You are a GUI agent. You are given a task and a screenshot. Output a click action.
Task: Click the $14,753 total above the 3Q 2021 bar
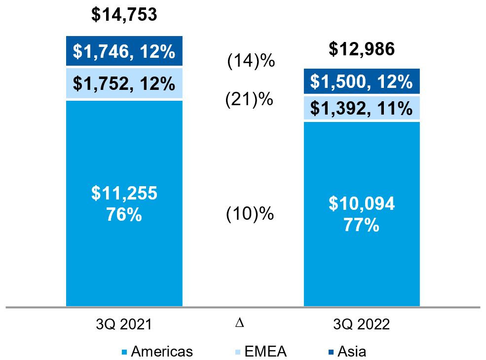point(124,14)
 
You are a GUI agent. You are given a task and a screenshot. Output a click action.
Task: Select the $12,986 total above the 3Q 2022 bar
point(362,49)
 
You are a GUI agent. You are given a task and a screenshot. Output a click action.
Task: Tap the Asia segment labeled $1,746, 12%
point(124,51)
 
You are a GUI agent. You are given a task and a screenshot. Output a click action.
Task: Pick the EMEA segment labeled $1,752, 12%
point(124,83)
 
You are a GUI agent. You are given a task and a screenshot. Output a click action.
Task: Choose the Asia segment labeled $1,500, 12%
point(362,82)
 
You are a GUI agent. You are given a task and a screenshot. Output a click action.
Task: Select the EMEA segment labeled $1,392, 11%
point(362,108)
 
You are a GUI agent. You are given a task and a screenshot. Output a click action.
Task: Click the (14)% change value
point(250,62)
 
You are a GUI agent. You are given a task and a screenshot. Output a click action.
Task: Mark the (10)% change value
point(250,215)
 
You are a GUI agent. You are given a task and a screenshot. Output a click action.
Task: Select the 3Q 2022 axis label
point(362,324)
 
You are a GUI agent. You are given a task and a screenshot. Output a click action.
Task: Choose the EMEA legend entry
point(264,352)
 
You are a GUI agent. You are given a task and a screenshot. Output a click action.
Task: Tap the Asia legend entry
point(352,352)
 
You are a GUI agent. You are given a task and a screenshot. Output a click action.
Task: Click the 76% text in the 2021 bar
point(124,215)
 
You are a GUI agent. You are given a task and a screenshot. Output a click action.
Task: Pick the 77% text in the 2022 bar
point(362,225)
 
